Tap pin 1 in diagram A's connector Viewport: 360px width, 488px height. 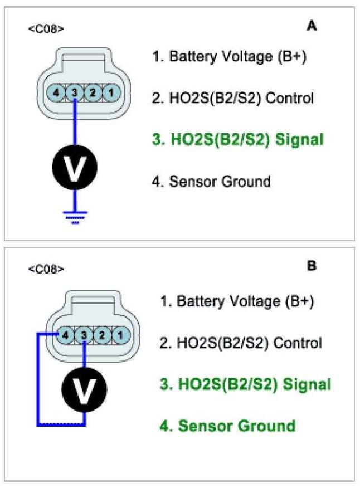click(111, 92)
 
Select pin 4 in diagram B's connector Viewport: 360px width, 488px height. click(66, 335)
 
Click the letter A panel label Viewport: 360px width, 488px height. click(312, 26)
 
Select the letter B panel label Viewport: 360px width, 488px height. click(312, 266)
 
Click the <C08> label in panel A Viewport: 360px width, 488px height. click(46, 28)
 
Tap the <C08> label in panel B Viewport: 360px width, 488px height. click(46, 270)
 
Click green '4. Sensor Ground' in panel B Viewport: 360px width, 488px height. click(228, 426)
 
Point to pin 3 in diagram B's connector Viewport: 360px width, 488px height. click(84, 335)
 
